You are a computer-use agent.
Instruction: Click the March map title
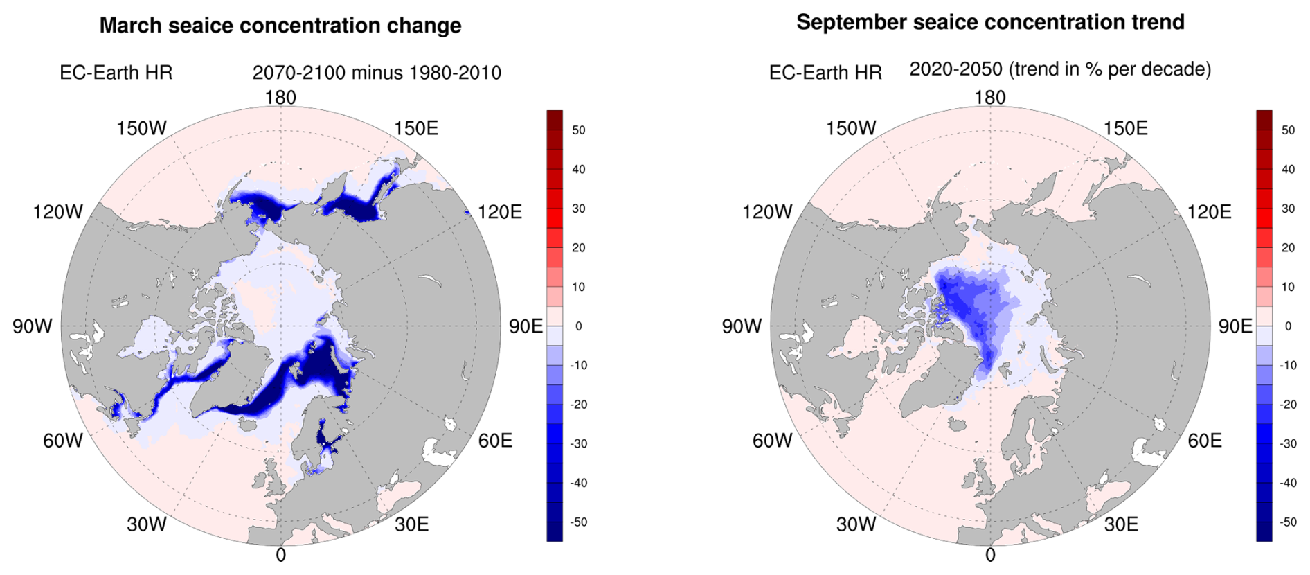click(280, 26)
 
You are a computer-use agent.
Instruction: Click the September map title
click(990, 22)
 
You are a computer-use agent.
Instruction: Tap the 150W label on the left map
click(142, 128)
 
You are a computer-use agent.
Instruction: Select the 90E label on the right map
click(1235, 326)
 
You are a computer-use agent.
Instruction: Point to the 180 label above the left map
click(280, 98)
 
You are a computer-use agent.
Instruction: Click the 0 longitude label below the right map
click(990, 555)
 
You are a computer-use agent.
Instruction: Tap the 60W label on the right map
click(773, 441)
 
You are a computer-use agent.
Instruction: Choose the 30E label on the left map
click(412, 524)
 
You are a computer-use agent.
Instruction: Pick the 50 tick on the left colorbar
click(579, 130)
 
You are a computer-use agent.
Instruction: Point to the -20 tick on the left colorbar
click(577, 405)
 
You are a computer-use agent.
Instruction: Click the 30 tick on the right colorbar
click(1288, 209)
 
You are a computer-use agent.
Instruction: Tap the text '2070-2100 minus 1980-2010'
click(377, 73)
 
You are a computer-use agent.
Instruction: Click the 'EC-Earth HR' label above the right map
click(825, 73)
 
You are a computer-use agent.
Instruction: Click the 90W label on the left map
click(33, 326)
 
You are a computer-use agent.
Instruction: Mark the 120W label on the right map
click(767, 212)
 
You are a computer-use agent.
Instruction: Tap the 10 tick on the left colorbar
click(579, 287)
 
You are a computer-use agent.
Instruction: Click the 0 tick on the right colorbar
click(1288, 326)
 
